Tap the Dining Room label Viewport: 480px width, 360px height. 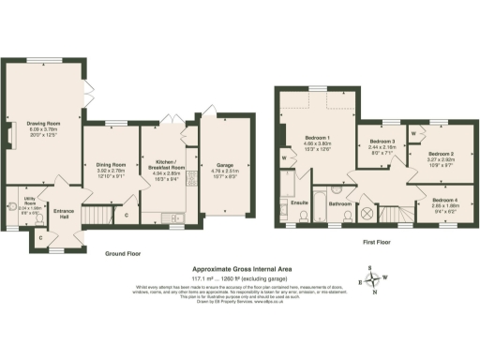pyautogui.click(x=111, y=164)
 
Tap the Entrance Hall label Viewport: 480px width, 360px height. pyautogui.click(x=64, y=214)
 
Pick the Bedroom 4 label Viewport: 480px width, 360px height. pyautogui.click(x=445, y=200)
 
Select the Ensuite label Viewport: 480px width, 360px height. pyautogui.click(x=300, y=202)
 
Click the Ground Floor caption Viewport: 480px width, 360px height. pyautogui.click(x=122, y=254)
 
